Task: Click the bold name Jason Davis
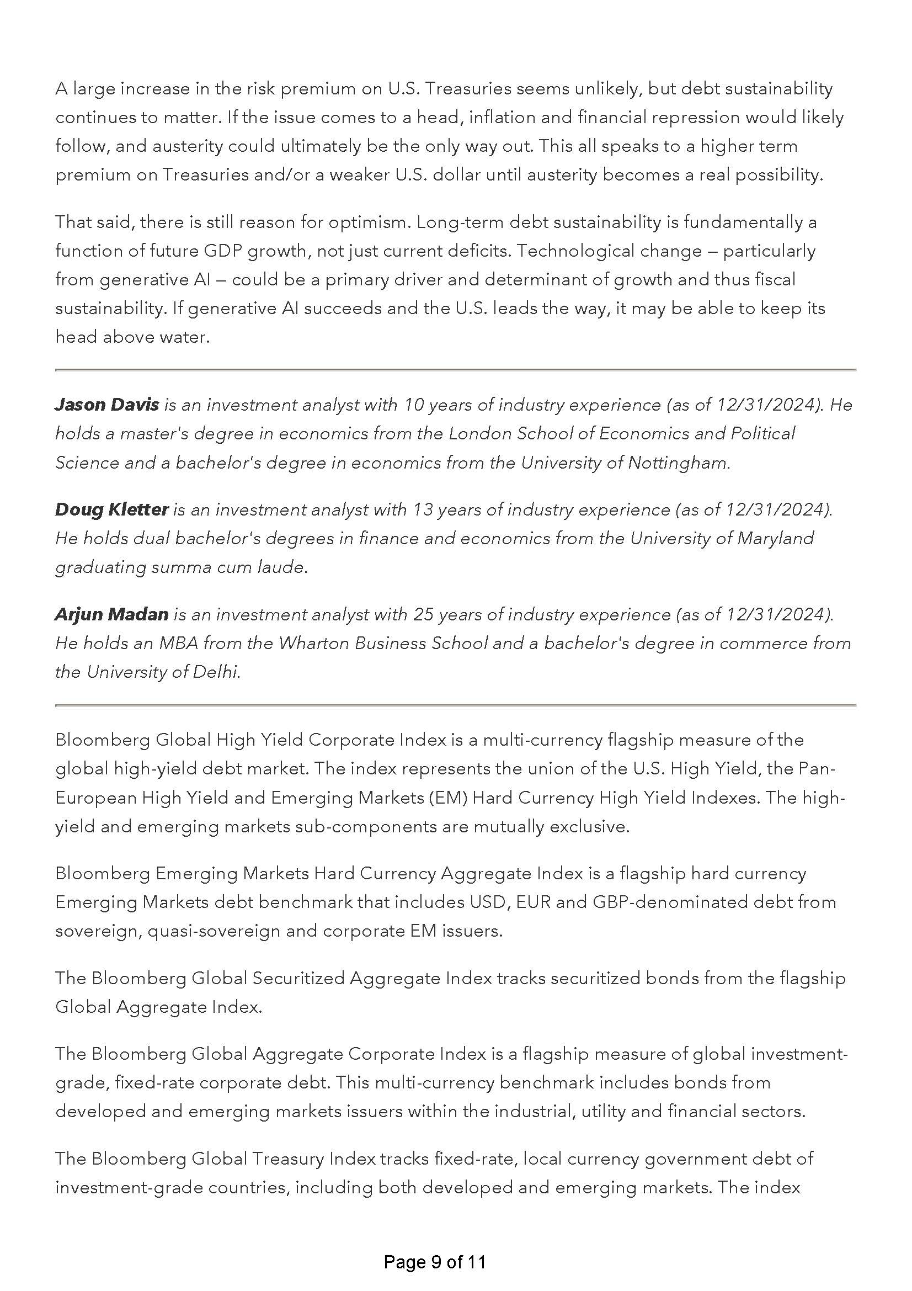click(x=107, y=405)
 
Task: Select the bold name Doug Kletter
click(x=111, y=509)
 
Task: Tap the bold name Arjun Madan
click(x=111, y=614)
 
